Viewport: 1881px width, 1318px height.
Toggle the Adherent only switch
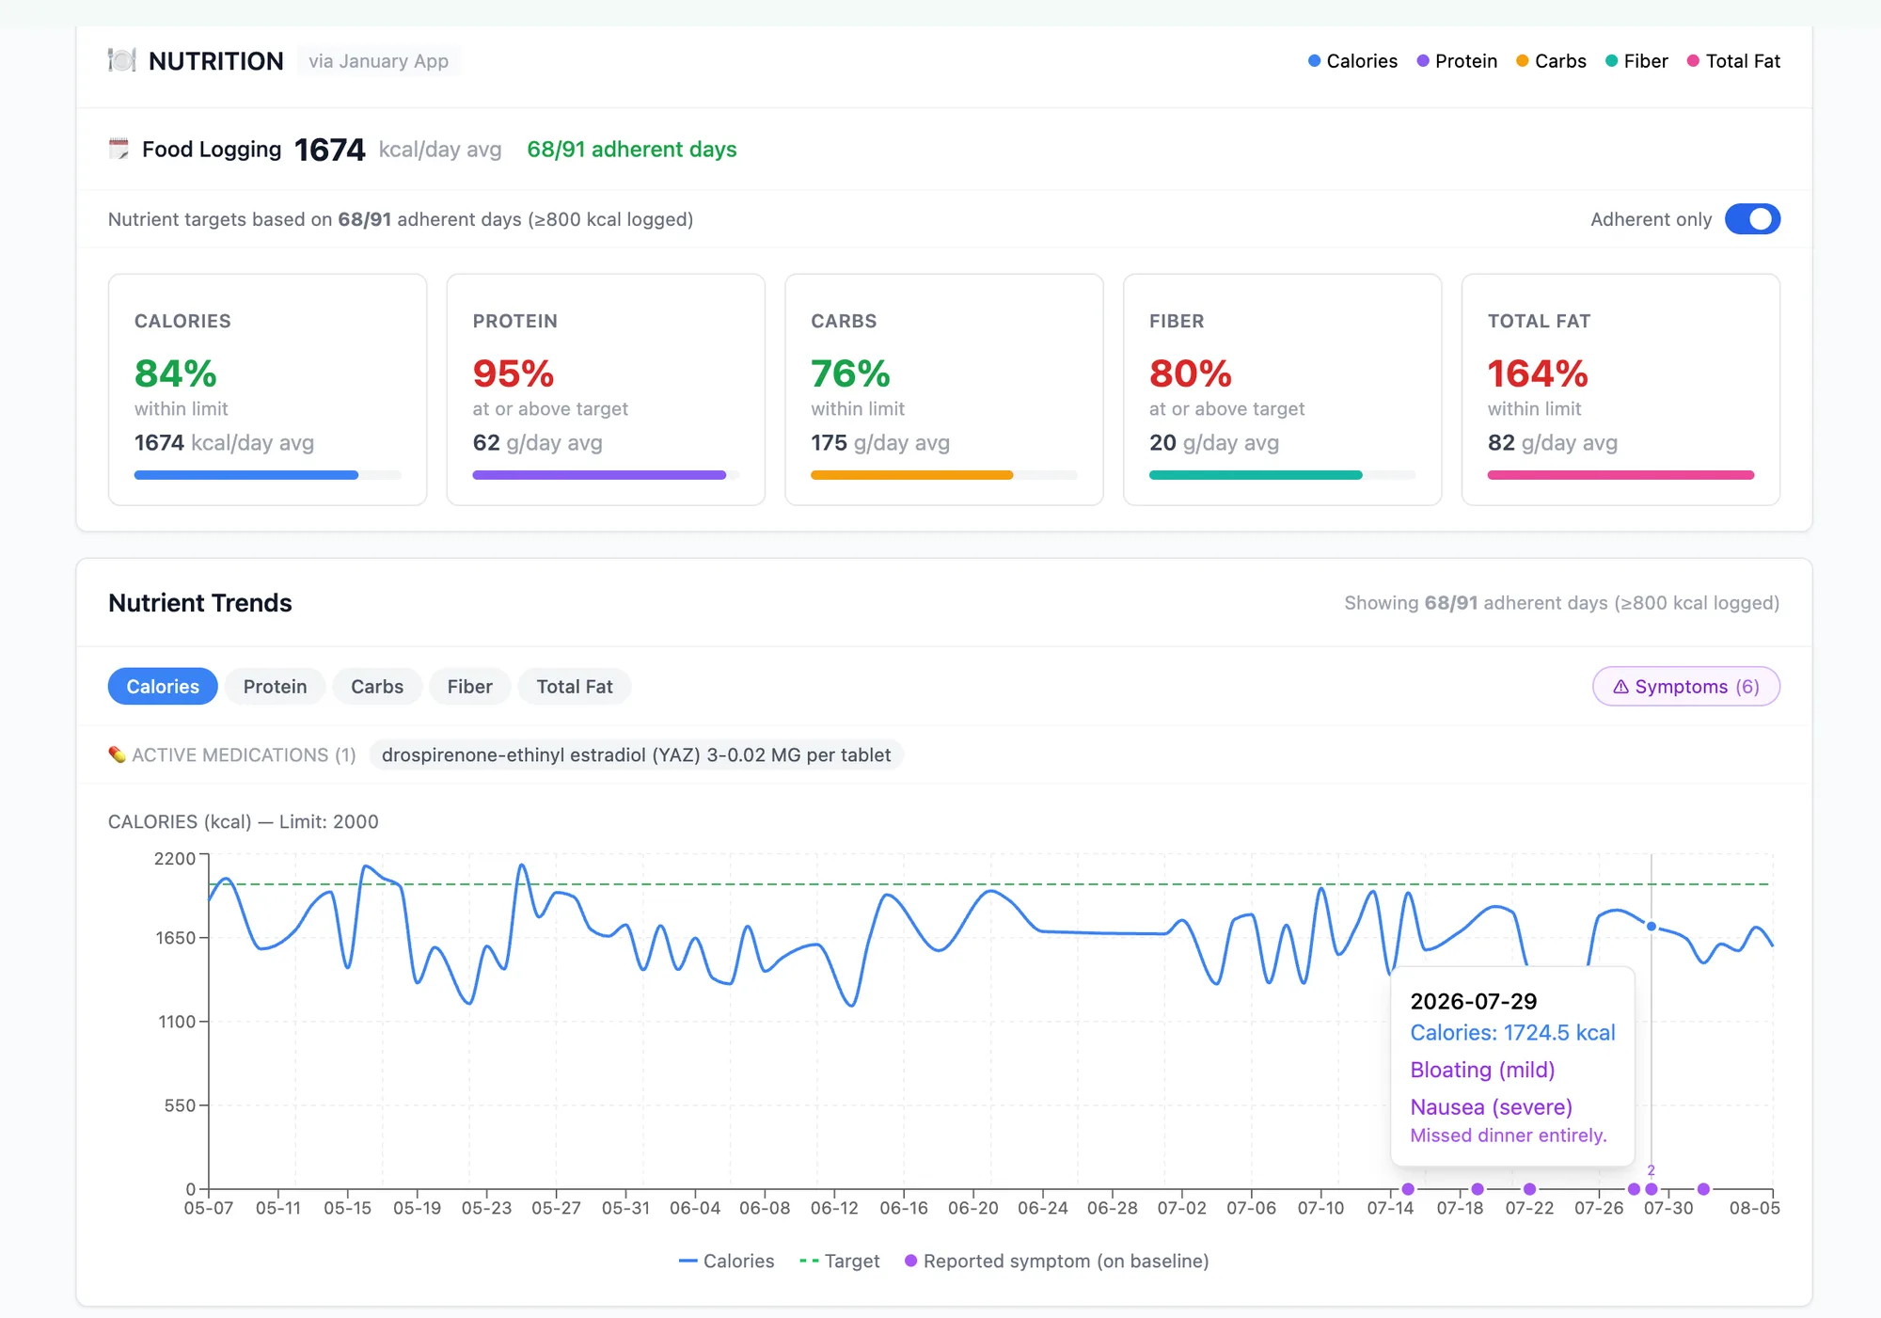1752,219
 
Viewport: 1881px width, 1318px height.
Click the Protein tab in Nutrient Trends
275,687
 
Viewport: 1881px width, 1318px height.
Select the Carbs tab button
377,687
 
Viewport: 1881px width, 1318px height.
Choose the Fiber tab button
469,687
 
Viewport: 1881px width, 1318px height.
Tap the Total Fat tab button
575,687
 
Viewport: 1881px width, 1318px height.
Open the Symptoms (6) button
1685,687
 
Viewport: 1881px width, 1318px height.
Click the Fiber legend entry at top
1636,61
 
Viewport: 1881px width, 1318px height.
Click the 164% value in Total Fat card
1538,373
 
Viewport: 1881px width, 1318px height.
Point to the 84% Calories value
176,373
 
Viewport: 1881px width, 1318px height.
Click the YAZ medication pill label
636,755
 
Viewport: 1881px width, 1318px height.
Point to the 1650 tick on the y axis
175,938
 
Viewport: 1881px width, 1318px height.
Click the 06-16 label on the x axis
904,1208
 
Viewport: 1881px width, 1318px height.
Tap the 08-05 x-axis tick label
1755,1208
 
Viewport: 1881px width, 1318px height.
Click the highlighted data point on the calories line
1652,927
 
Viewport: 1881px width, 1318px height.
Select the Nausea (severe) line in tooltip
1492,1107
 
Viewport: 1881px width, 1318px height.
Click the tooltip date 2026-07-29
1474,1001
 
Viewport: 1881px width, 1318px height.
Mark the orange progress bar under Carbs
911,475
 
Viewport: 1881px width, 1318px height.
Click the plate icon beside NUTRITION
121,60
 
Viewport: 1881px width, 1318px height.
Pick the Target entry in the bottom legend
839,1262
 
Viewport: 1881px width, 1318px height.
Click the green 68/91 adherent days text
632,150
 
